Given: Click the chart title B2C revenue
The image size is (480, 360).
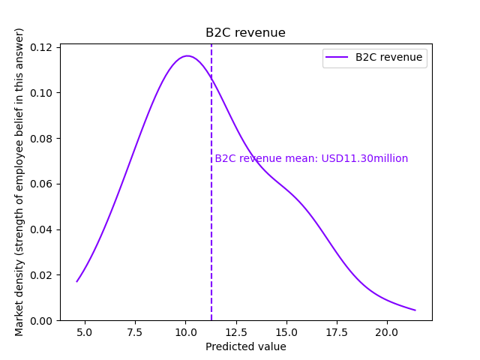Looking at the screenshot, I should pyautogui.click(x=245, y=33).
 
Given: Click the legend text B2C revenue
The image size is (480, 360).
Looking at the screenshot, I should pyautogui.click(x=388, y=57).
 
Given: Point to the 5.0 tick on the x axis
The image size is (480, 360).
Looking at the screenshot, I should pyautogui.click(x=85, y=331).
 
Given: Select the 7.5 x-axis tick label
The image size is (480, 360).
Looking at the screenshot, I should pyautogui.click(x=136, y=331).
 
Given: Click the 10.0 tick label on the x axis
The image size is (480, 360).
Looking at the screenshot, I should pyautogui.click(x=186, y=331).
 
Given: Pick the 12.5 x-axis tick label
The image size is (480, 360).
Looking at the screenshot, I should pyautogui.click(x=236, y=331).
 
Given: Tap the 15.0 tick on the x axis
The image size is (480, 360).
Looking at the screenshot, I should pyautogui.click(x=286, y=331).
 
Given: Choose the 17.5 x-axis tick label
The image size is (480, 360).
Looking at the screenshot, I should pyautogui.click(x=337, y=331).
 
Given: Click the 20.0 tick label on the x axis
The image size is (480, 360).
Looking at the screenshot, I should pyautogui.click(x=387, y=331).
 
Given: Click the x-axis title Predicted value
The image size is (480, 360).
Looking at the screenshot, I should pyautogui.click(x=245, y=346).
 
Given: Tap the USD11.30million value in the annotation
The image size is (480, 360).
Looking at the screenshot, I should pyautogui.click(x=364, y=158).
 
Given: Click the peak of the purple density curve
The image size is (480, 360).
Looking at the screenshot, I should pyautogui.click(x=187, y=55).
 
